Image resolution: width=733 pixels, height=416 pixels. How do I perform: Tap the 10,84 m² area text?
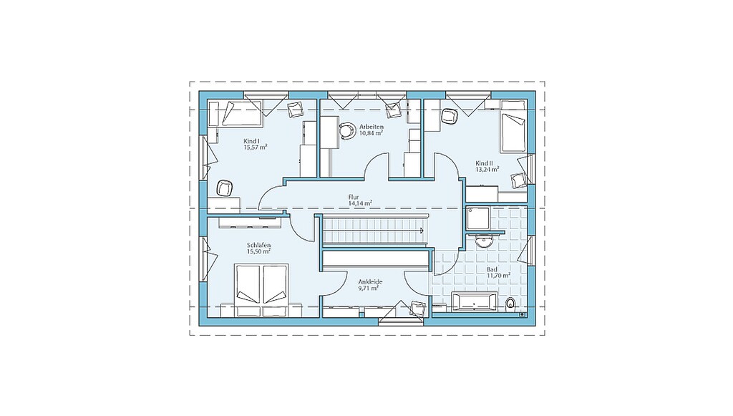click(372, 132)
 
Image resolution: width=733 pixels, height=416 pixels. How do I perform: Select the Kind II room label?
click(484, 163)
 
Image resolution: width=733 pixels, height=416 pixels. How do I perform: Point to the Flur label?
click(354, 197)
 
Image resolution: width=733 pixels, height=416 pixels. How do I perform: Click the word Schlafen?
click(259, 246)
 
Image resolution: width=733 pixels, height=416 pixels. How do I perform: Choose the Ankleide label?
click(370, 282)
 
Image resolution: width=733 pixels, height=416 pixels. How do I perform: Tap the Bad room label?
click(492, 270)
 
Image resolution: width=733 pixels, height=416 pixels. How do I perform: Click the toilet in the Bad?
click(510, 304)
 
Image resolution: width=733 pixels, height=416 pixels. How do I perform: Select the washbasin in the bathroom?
click(484, 242)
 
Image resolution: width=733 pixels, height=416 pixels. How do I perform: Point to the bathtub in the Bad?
click(475, 302)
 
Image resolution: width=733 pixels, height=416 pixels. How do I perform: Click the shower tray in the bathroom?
click(477, 219)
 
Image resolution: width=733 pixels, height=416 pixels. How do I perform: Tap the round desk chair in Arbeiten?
click(347, 130)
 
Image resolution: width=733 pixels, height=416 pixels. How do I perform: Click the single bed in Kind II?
click(513, 133)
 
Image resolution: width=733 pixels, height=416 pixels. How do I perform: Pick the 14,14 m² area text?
click(360, 203)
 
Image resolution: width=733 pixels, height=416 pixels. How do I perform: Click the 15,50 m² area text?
click(259, 251)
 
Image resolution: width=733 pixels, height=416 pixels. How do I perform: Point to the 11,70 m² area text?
click(498, 276)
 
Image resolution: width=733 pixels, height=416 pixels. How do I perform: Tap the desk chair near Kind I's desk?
click(224, 188)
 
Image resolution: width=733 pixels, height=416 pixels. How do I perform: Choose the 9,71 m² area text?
click(369, 289)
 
